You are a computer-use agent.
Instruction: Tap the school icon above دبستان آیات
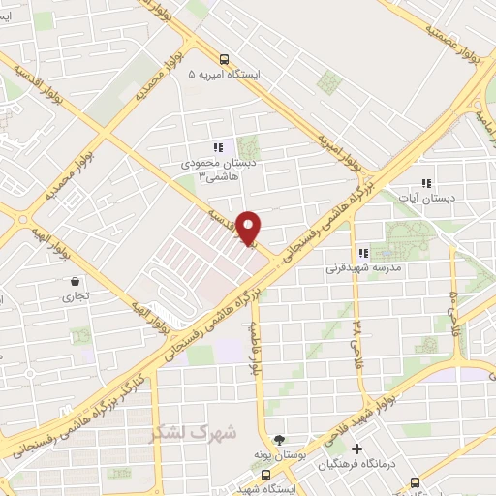425,183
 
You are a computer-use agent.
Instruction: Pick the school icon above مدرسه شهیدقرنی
362,253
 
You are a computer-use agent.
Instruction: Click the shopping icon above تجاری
74,282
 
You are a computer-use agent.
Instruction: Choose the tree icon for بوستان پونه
281,439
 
